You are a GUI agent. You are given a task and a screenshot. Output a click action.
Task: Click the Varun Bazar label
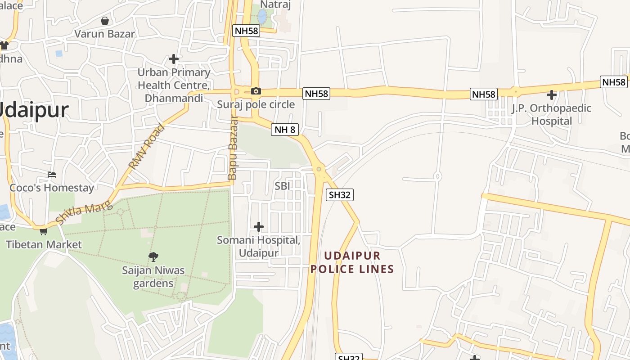coord(104,34)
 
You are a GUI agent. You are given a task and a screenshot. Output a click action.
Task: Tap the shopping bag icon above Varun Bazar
coord(105,21)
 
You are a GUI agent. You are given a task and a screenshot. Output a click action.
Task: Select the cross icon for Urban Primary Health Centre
coord(174,59)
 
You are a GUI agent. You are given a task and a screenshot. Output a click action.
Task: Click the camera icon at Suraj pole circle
coord(256,91)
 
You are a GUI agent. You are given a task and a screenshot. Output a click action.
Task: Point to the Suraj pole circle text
coord(256,104)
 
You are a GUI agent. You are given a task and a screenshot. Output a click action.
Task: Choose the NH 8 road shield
coord(285,130)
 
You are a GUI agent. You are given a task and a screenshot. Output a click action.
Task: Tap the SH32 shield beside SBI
coord(340,195)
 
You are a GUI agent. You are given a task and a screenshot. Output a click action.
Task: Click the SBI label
coord(282,186)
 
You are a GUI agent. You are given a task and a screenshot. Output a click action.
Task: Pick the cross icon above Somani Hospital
coord(259,226)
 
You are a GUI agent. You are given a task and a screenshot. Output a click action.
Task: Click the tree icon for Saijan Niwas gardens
coord(153,257)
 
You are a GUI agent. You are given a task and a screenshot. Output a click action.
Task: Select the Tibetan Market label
coord(44,244)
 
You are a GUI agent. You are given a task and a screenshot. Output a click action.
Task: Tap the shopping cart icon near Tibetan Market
coord(43,231)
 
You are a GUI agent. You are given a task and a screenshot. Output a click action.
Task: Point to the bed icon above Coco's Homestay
coord(52,175)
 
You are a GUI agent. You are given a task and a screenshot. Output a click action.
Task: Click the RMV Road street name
coord(147,146)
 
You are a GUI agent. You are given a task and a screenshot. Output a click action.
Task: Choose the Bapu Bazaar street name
coord(233,148)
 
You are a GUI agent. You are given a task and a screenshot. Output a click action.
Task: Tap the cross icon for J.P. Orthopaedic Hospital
coord(552,95)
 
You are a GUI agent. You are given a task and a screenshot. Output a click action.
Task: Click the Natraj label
coord(275,5)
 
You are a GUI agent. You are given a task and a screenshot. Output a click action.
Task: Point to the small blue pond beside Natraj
coord(262,17)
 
